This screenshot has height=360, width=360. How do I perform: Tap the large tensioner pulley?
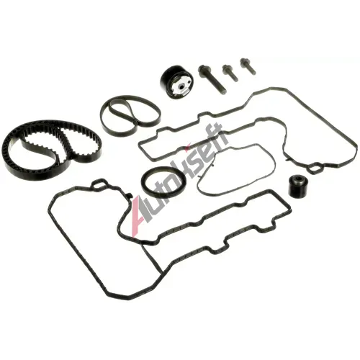176,82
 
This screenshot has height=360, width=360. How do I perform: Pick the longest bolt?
212,80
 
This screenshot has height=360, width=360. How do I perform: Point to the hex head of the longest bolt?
202,69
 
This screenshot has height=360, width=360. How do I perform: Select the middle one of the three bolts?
230,72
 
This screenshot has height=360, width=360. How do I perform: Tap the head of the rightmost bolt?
244,62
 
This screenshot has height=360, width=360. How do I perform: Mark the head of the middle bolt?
226,68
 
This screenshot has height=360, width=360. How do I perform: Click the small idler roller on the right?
298,186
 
